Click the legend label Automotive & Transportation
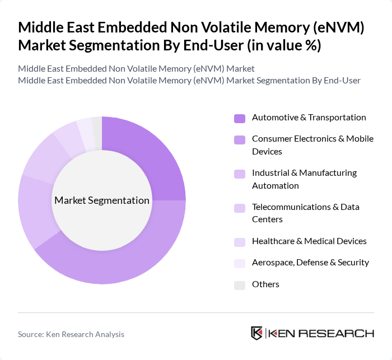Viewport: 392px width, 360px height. pyautogui.click(x=309, y=118)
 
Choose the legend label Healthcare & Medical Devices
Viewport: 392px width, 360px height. pyautogui.click(x=309, y=241)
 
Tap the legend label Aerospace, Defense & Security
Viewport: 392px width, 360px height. pyautogui.click(x=310, y=263)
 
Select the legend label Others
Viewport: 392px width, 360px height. pyautogui.click(x=265, y=284)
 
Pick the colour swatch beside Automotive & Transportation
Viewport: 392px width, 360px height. pyautogui.click(x=240, y=118)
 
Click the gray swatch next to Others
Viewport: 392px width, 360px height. pyautogui.click(x=240, y=285)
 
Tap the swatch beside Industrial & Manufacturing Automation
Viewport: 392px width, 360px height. pyautogui.click(x=240, y=174)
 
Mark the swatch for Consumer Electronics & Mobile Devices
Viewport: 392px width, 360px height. pyautogui.click(x=240, y=139)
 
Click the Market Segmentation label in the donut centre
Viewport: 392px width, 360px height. pyautogui.click(x=102, y=200)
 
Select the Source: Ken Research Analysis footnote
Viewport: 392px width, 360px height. pyautogui.click(x=71, y=334)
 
